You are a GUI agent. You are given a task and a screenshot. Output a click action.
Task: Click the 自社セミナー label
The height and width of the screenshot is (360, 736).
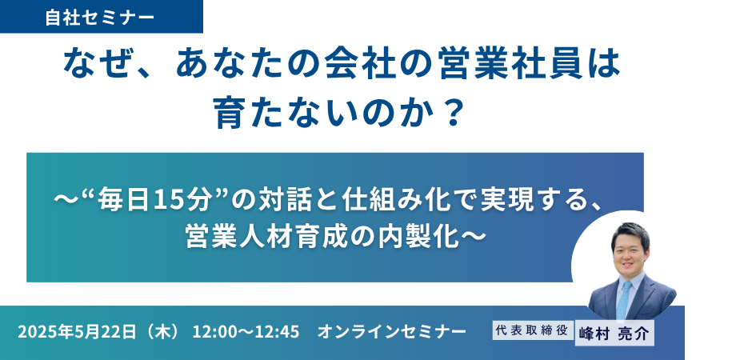[x=99, y=18]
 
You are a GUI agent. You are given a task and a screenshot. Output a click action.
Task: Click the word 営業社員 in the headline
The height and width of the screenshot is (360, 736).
[x=508, y=65]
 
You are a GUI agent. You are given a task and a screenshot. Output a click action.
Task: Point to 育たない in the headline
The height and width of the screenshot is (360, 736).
[x=288, y=114]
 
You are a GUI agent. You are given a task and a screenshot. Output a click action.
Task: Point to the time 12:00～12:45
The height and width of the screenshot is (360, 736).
[x=246, y=332]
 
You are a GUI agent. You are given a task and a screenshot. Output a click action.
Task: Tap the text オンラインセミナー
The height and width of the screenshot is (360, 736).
[x=392, y=332]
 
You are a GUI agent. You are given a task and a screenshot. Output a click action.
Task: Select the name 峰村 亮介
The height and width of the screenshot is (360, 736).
[x=614, y=334]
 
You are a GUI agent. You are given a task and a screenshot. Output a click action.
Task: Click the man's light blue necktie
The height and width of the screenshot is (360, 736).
[x=624, y=299]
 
